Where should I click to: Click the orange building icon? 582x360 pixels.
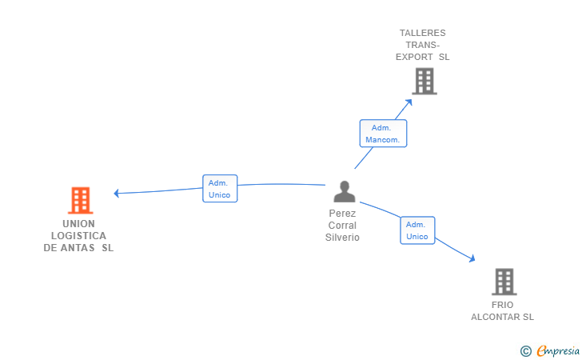click(80, 200)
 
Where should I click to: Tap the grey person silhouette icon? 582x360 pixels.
click(345, 191)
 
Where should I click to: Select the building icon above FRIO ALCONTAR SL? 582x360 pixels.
click(504, 282)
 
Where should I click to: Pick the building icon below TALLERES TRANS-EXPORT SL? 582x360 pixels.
click(425, 82)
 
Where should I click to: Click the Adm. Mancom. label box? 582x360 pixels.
click(383, 134)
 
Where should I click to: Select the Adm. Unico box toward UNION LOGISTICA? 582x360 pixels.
click(220, 188)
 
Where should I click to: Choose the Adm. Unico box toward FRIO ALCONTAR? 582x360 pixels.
click(417, 230)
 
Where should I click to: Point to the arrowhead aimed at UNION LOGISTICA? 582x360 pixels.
click(116, 193)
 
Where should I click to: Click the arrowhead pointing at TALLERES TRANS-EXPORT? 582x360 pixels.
click(409, 102)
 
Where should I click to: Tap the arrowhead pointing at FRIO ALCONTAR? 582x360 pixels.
click(472, 258)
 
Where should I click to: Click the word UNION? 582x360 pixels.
click(78, 224)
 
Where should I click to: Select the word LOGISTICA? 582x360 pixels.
click(78, 235)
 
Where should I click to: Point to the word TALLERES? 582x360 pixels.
click(422, 33)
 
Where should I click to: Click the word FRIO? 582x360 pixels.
click(503, 305)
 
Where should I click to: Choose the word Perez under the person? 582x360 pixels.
click(342, 214)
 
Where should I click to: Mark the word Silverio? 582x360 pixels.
click(342, 238)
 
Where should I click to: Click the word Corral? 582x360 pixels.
click(342, 225)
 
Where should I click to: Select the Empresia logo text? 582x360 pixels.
click(558, 350)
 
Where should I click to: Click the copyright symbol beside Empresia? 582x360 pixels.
click(525, 351)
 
